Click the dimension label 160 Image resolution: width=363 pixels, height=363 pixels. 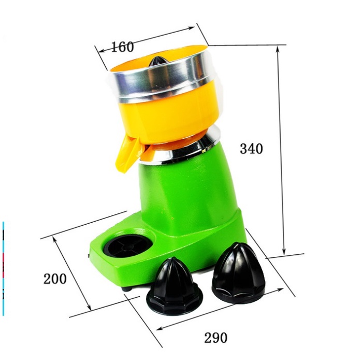click(x=123, y=47)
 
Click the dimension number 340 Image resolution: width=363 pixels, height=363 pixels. click(x=252, y=149)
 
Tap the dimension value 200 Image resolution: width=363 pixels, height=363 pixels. click(x=55, y=279)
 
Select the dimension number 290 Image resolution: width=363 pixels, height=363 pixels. click(x=216, y=338)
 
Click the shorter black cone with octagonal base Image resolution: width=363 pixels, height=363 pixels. click(x=175, y=286)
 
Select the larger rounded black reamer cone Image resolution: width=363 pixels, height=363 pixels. click(x=238, y=273)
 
